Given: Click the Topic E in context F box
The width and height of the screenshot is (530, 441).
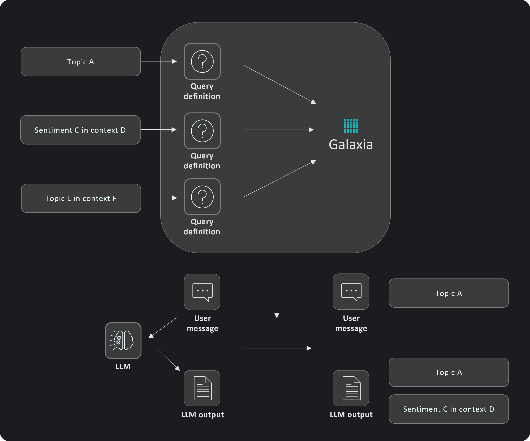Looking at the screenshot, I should [x=81, y=198].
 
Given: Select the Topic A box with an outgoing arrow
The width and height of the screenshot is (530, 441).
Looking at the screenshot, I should [x=81, y=61].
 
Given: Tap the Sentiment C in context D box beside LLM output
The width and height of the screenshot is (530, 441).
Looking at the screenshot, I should [x=448, y=409].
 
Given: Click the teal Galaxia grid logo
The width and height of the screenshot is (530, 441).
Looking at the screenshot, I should [x=351, y=126].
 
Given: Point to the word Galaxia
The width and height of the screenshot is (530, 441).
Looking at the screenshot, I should [x=351, y=144].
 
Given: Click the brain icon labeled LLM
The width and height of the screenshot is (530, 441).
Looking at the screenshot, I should [x=123, y=340].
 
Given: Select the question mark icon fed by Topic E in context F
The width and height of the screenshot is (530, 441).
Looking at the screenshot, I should [x=202, y=197].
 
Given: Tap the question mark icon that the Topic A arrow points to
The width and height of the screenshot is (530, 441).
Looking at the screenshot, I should [x=202, y=61].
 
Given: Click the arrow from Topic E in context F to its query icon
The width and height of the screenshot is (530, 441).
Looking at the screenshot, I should [x=159, y=198].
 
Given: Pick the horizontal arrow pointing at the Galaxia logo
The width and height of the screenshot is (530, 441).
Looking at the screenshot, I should [x=279, y=130].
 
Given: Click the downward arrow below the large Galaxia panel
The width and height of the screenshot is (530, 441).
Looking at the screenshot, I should [x=277, y=295].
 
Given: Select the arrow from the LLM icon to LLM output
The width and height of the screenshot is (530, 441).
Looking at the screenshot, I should [x=168, y=359].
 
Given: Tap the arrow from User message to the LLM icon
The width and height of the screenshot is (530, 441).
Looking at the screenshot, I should [x=163, y=328].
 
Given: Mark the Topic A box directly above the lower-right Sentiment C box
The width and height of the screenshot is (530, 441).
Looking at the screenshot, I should [x=448, y=372].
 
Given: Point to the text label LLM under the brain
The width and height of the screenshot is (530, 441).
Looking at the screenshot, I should [x=123, y=366].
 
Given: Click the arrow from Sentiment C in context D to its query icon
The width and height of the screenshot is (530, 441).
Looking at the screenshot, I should [x=158, y=130].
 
